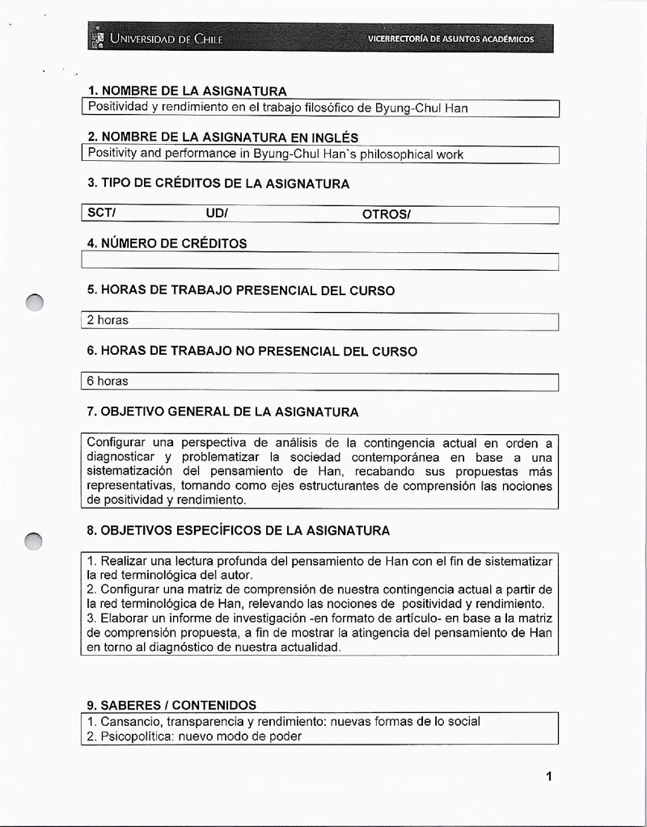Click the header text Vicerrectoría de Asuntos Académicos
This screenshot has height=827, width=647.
pyautogui.click(x=450, y=39)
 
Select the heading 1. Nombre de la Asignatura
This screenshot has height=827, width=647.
pyautogui.click(x=187, y=91)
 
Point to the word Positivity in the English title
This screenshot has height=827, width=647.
pyautogui.click(x=112, y=154)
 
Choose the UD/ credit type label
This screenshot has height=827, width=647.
pyautogui.click(x=217, y=213)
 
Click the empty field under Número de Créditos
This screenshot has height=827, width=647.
pyautogui.click(x=319, y=261)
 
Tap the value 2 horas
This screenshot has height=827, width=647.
pyautogui.click(x=108, y=320)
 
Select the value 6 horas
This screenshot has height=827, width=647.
pyautogui.click(x=108, y=381)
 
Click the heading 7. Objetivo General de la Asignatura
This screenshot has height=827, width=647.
pyautogui.click(x=222, y=411)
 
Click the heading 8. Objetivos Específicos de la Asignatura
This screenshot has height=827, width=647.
pyautogui.click(x=238, y=530)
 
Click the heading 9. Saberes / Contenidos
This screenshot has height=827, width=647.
pyautogui.click(x=171, y=705)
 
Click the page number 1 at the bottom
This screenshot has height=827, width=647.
pyautogui.click(x=548, y=777)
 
